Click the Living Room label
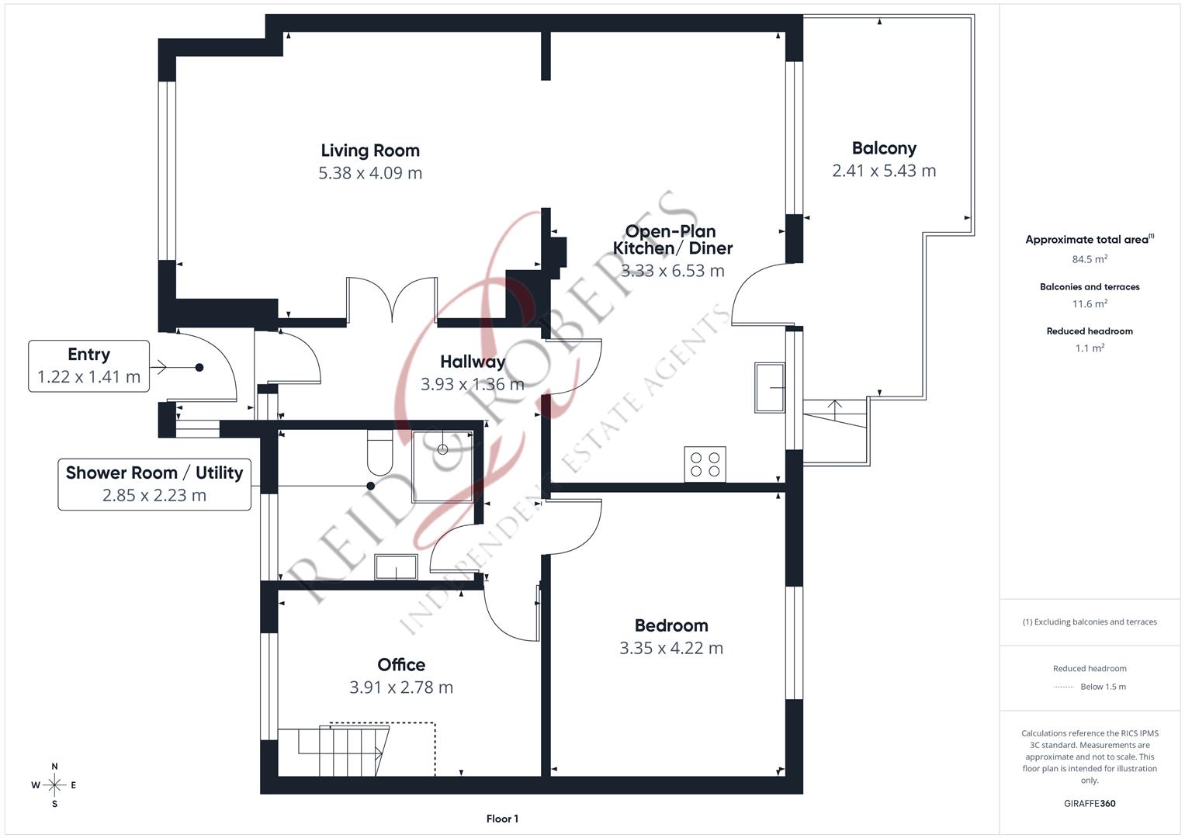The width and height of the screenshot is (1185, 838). pos(370,151)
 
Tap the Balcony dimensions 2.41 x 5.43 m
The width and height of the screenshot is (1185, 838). pos(884,171)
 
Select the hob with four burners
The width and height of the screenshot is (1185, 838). pos(705,464)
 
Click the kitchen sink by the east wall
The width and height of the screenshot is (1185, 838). pos(770,387)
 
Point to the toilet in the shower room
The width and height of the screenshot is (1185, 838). pos(379,452)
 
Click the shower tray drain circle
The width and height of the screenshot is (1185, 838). pos(443,449)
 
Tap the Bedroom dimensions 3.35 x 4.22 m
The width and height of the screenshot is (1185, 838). pos(671,648)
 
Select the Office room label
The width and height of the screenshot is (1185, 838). pos(401,664)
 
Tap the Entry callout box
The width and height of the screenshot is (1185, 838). pos(89,366)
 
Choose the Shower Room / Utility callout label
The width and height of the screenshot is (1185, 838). pos(154,473)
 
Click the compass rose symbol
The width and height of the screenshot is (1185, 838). pos(54,785)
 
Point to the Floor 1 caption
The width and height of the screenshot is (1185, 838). pos(502,819)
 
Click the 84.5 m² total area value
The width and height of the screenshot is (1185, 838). pos(1090,258)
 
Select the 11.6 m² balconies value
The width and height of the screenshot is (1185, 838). pos(1090,303)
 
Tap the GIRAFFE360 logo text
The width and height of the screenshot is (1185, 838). pos(1090,803)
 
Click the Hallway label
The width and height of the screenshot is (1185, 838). pos(473,362)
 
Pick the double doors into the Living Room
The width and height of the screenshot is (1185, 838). pos(392,300)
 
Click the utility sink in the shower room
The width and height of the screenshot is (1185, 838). pos(397,566)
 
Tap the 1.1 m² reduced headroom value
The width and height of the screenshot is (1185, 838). pos(1090,348)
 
